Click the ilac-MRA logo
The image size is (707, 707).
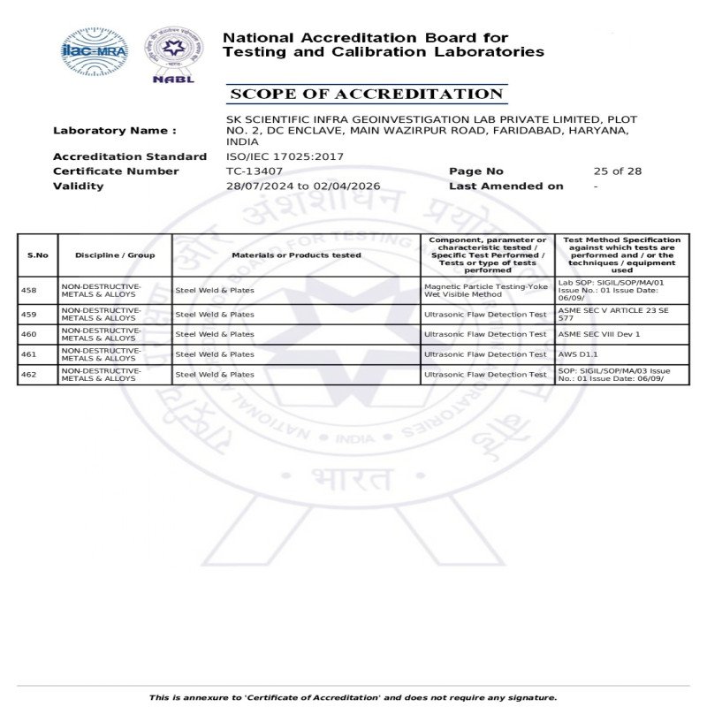pyautogui.click(x=95, y=50)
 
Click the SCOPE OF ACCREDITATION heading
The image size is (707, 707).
pyautogui.click(x=365, y=94)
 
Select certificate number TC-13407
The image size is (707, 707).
pyautogui.click(x=255, y=171)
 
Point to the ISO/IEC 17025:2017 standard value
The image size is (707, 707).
pyautogui.click(x=285, y=156)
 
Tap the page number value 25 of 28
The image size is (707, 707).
pyautogui.click(x=618, y=171)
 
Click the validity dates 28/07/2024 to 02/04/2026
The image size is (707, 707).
pyautogui.click(x=303, y=186)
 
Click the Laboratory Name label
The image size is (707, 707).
pyautogui.click(x=114, y=131)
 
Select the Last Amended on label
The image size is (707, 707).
pyautogui.click(x=506, y=186)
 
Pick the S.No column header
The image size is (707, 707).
pyautogui.click(x=38, y=255)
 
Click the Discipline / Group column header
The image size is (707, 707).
pyautogui.click(x=115, y=255)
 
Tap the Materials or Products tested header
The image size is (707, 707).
pyautogui.click(x=296, y=255)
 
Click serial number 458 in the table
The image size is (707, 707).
pyautogui.click(x=28, y=290)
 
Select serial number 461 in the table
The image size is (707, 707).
pyautogui.click(x=28, y=354)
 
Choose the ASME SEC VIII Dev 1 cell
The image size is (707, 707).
pyautogui.click(x=599, y=334)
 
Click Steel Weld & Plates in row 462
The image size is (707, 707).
pyautogui.click(x=215, y=375)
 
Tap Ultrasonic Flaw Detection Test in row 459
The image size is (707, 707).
pyautogui.click(x=485, y=314)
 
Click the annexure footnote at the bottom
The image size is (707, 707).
pyautogui.click(x=353, y=698)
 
